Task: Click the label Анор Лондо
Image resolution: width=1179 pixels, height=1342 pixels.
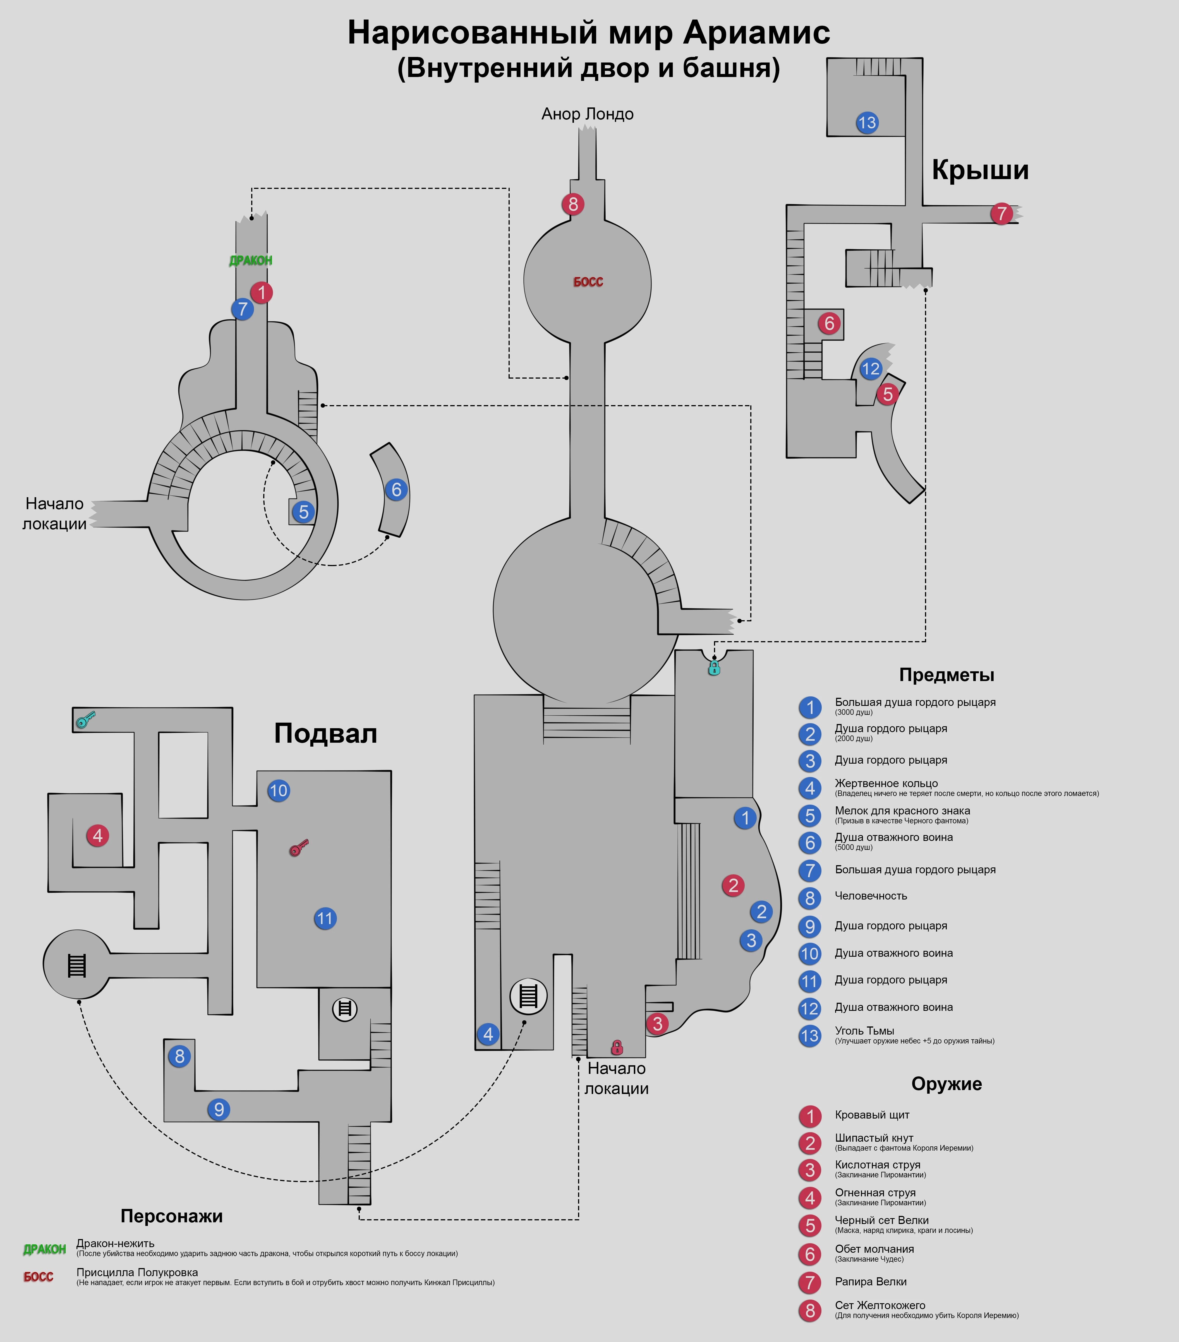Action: (x=587, y=114)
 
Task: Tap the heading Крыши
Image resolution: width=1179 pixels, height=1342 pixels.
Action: (x=980, y=170)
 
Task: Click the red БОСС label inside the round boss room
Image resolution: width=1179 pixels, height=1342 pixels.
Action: (x=588, y=282)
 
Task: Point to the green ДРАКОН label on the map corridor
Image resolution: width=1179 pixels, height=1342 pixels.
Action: (x=250, y=261)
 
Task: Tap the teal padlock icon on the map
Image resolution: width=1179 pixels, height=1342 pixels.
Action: (x=714, y=668)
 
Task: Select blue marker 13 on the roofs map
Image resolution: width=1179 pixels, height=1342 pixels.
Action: (x=867, y=123)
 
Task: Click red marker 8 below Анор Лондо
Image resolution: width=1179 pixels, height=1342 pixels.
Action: (x=573, y=204)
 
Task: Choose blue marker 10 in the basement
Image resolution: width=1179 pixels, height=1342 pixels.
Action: (x=279, y=790)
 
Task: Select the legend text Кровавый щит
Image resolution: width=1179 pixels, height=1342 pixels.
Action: (x=872, y=1115)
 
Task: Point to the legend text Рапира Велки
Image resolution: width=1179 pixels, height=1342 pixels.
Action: (x=870, y=1282)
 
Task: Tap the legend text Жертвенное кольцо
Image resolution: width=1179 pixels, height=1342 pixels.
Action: (x=886, y=783)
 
